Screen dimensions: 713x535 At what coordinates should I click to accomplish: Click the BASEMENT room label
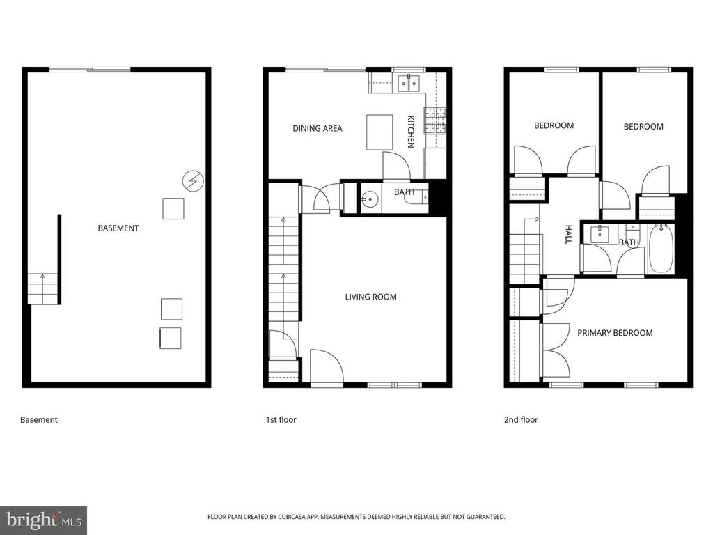click(118, 228)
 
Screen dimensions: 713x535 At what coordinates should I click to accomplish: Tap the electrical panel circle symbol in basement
click(193, 181)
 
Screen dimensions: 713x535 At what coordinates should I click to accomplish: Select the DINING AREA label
click(318, 129)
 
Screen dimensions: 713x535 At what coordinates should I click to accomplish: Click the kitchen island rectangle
click(379, 132)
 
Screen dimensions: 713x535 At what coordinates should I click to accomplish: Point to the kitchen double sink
click(409, 84)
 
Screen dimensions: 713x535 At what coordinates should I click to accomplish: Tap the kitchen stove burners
click(436, 121)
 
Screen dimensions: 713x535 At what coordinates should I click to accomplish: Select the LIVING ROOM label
click(370, 297)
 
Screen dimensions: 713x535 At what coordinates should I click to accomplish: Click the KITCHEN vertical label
click(411, 132)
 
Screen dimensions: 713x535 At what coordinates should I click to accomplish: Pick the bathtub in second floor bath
click(661, 249)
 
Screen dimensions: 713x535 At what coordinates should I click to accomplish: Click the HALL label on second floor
click(568, 234)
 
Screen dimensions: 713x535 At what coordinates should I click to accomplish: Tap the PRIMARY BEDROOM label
click(615, 333)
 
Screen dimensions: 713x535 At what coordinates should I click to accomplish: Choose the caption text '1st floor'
click(281, 420)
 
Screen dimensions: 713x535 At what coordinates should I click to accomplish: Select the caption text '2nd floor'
click(521, 420)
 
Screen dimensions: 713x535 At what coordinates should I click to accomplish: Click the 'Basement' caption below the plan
click(39, 420)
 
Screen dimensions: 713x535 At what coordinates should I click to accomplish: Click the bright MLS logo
click(44, 520)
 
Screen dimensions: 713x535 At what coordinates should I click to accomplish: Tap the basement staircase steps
click(42, 289)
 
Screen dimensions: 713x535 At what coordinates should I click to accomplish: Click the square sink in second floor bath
click(600, 234)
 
